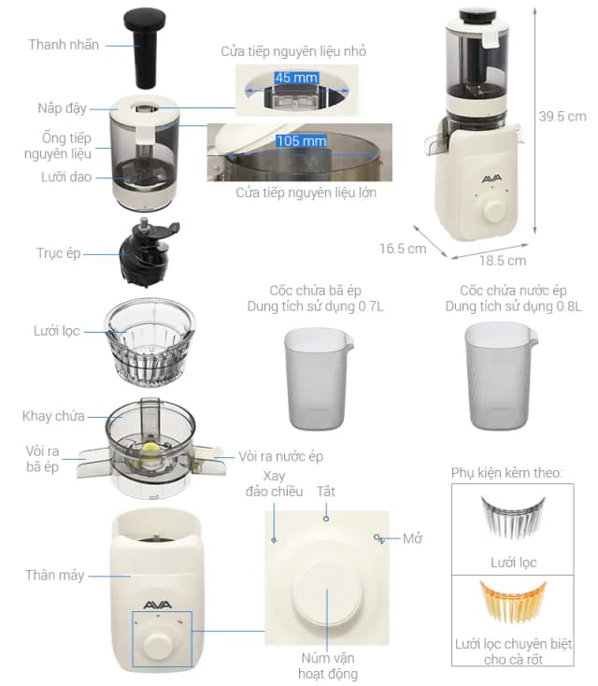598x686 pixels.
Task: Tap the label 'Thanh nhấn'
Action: [63, 45]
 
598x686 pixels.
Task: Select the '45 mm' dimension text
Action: [297, 78]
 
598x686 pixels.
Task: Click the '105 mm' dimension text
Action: [301, 142]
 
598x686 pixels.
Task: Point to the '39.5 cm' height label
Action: [563, 117]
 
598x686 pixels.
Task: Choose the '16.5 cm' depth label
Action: [403, 249]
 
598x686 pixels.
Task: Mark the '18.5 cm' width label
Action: [503, 260]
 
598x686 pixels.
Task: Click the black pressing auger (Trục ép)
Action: [145, 252]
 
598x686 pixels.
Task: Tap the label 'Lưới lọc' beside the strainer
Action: [55, 331]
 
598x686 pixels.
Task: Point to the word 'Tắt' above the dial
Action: [325, 491]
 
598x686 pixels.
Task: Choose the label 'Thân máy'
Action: [54, 575]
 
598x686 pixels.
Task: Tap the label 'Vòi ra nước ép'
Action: [280, 455]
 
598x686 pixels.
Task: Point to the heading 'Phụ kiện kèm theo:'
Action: [507, 473]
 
